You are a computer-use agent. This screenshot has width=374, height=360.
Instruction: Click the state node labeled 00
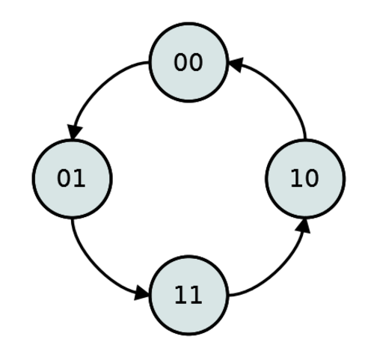coord(188,62)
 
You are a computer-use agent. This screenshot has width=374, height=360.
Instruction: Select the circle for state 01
coord(73,179)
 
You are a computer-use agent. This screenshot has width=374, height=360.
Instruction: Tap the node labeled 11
coord(188,296)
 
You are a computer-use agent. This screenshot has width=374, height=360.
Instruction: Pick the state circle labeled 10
coord(305,179)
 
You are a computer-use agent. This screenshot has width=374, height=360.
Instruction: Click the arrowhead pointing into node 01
coord(74,132)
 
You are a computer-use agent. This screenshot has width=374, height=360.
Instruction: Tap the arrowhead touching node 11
coord(141,294)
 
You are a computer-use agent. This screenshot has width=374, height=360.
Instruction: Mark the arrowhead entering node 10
coord(303,226)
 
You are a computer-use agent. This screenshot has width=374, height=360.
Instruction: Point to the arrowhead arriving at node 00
coord(236,64)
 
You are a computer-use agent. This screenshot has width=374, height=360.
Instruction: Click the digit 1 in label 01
coord(79,178)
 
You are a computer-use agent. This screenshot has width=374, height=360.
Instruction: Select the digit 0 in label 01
coord(64,178)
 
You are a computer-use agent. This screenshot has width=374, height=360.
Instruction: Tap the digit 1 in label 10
coord(297,178)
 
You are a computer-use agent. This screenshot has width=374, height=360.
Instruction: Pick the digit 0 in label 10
coord(312,178)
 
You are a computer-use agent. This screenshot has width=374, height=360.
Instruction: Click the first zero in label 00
coord(180,62)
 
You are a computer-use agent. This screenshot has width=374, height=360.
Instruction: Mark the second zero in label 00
coord(196,62)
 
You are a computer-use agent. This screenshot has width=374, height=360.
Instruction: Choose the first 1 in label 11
coord(181,295)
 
